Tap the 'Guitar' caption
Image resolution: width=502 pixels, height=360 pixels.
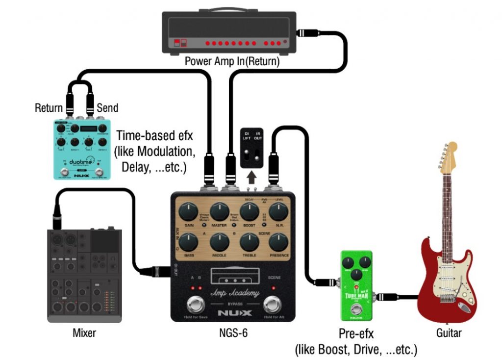tap(449, 334)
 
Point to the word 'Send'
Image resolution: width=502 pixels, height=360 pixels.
tap(107, 107)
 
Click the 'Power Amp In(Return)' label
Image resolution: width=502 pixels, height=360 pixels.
tap(232, 62)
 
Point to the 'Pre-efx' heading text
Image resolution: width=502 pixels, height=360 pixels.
tap(356, 334)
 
